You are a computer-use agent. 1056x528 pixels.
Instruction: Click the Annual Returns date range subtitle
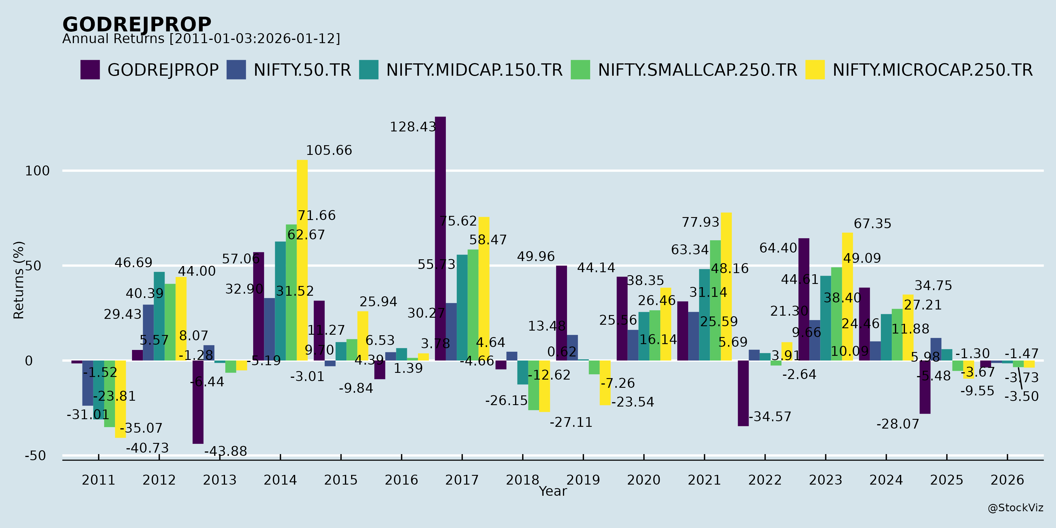click(201, 39)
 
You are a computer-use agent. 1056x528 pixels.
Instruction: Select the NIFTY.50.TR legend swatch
click(236, 70)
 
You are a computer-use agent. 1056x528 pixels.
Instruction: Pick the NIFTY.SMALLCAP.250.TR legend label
click(697, 70)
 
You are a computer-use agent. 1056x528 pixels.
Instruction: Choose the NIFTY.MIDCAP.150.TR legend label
click(474, 70)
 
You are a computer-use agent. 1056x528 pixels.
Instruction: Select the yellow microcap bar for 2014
click(302, 260)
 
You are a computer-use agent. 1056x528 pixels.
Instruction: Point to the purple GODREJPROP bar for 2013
click(198, 402)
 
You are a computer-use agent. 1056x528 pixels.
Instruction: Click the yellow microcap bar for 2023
click(847, 297)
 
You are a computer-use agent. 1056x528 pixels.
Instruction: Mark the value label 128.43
click(413, 127)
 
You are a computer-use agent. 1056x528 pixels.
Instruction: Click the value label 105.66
click(329, 150)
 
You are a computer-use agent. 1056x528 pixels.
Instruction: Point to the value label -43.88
click(226, 451)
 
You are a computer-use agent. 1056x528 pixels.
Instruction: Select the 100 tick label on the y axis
click(37, 171)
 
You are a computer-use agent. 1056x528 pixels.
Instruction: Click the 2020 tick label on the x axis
click(644, 480)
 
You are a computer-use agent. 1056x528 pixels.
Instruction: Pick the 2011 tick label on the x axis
click(98, 480)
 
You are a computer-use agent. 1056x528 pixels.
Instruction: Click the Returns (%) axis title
click(19, 280)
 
